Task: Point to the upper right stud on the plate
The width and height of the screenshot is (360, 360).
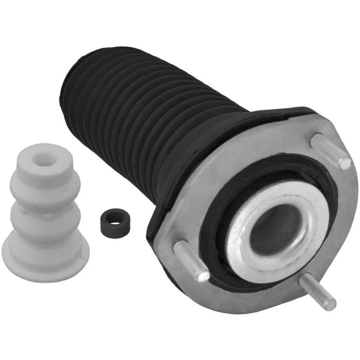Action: [331, 150]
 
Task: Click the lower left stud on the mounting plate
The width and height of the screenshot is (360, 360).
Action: [191, 260]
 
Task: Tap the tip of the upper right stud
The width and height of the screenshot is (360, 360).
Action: [344, 162]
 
